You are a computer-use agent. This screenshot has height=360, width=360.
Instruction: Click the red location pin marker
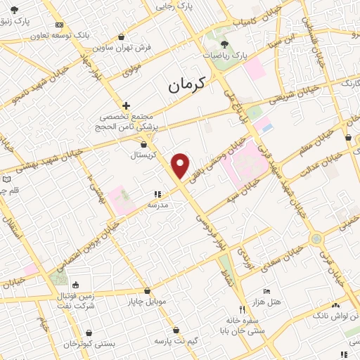[181, 165]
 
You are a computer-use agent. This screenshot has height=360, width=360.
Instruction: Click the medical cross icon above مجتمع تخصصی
[126, 105]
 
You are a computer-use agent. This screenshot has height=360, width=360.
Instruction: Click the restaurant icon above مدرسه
[157, 195]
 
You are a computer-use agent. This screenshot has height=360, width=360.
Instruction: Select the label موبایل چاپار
[146, 302]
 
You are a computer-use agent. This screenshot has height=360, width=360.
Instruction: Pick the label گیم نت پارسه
[176, 340]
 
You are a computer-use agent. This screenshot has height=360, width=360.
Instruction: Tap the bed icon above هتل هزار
[266, 291]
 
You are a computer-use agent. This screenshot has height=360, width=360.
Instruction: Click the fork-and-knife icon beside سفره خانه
[242, 309]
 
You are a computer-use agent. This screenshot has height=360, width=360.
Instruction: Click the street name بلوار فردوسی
[209, 224]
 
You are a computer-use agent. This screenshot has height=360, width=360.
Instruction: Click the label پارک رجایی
[175, 6]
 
